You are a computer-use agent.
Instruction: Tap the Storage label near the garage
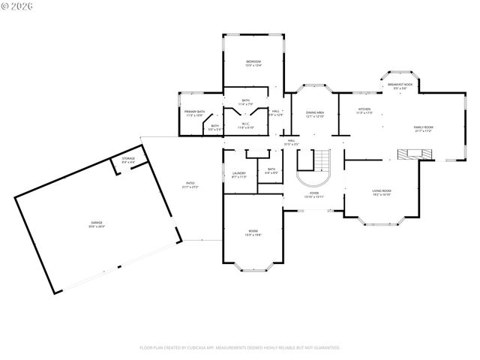click(128, 160)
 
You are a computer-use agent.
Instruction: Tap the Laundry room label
click(239, 175)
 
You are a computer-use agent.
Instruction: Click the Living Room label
click(382, 193)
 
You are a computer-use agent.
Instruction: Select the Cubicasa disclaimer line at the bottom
click(240, 347)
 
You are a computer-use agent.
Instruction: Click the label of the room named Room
click(253, 232)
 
